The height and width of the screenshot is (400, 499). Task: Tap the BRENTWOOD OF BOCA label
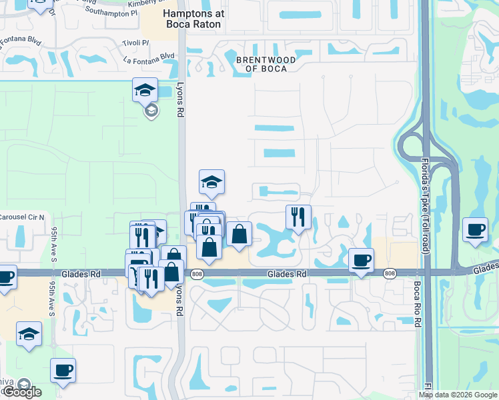pos(266,64)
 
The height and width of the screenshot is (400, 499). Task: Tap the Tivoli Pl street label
pos(136,43)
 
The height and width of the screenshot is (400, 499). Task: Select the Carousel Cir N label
pos(22,217)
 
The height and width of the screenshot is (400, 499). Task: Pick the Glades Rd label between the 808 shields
pos(288,273)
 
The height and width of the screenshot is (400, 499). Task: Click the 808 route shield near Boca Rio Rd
pos(390,273)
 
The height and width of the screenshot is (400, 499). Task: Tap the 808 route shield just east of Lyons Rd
pos(196,273)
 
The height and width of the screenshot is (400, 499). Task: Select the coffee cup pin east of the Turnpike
pos(475,230)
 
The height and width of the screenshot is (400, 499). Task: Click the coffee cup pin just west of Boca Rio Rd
pos(361,261)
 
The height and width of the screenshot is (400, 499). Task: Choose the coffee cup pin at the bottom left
pos(63,371)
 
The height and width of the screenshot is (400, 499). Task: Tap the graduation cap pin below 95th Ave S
pos(29,335)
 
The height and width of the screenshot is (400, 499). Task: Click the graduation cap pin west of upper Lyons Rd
pos(145,91)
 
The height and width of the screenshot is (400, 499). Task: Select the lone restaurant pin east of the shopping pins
pos(298,217)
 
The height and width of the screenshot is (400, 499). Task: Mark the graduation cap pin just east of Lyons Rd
pos(211,182)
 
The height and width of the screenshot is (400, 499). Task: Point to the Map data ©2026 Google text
pos(457,395)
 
